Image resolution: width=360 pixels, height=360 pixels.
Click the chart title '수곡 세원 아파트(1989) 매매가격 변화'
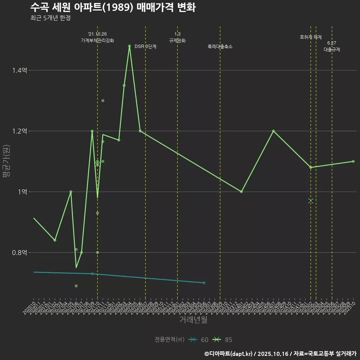(112, 7)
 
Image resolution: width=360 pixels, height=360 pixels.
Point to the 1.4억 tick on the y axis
(19, 70)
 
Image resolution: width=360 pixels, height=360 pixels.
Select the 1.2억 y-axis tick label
(19, 131)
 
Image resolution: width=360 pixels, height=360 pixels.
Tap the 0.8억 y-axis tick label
(19, 253)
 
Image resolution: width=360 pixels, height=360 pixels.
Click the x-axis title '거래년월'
(193, 320)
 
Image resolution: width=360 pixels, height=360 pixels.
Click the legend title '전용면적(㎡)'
(169, 340)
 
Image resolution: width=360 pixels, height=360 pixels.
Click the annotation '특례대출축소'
(220, 47)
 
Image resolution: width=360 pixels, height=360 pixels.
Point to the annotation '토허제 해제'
(311, 37)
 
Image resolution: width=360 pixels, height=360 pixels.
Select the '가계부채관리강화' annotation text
(97, 40)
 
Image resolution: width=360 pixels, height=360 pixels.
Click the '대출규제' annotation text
(332, 49)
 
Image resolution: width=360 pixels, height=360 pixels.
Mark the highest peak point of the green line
(129, 46)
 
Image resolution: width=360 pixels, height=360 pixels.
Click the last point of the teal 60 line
(204, 283)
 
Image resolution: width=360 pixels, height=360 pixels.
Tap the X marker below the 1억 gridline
(310, 201)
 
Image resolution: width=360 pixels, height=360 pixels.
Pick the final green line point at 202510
(353, 161)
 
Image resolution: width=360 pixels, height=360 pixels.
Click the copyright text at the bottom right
(280, 354)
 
